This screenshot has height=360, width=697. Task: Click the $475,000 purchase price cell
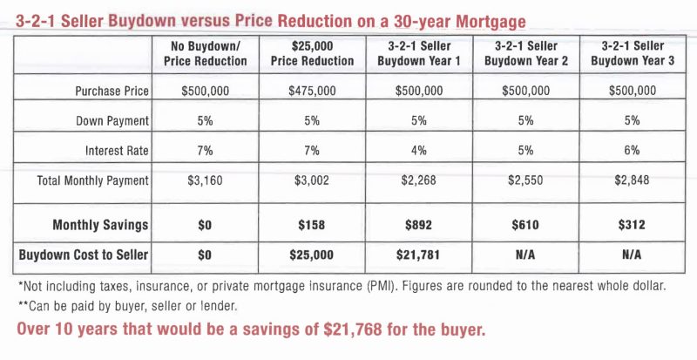[x=312, y=91]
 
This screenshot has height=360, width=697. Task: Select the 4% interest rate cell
[x=418, y=150]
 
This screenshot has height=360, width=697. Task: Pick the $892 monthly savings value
[x=418, y=225]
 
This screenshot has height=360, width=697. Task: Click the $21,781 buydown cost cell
[x=418, y=255]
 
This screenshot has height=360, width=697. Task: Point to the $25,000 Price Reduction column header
[x=312, y=53]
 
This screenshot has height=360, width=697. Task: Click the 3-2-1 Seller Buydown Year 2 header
[x=527, y=53]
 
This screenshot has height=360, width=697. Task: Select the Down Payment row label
[x=112, y=120]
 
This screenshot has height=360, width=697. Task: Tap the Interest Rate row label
[x=117, y=150]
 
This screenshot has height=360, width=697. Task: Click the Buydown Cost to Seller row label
[x=84, y=255]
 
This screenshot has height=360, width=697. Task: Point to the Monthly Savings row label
[x=100, y=225]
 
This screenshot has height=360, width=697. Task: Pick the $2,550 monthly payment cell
[x=527, y=180]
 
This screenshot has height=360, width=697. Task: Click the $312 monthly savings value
[x=633, y=225]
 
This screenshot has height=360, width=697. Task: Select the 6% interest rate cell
[x=633, y=150]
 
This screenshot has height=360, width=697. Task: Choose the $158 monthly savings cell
[x=312, y=225]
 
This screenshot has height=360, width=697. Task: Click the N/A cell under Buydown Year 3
[x=633, y=255]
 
